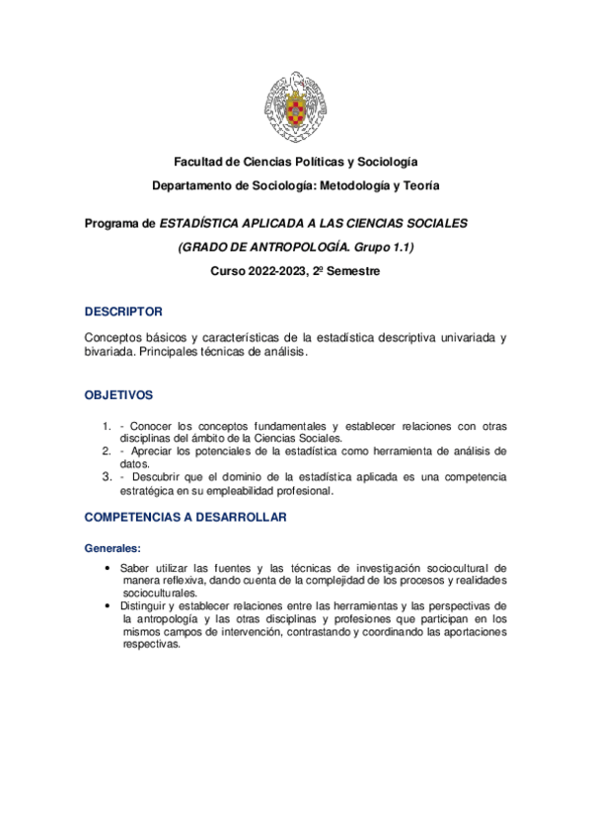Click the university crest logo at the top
[296, 105]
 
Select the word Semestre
[352, 271]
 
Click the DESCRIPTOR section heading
[124, 312]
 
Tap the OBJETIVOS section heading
[119, 394]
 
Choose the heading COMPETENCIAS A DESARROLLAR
[185, 517]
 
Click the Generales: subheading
[113, 547]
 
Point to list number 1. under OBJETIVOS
[107, 427]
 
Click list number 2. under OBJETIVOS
[107, 451]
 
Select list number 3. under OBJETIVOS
[107, 477]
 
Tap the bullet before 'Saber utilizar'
[107, 569]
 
